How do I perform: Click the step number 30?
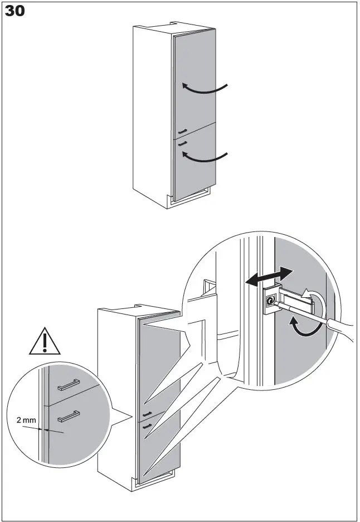pyautogui.click(x=15, y=11)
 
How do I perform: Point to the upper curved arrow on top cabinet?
pyautogui.click(x=206, y=88)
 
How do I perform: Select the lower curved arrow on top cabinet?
pyautogui.click(x=206, y=158)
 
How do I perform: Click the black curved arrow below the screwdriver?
pyautogui.click(x=304, y=327)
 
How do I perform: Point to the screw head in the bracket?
pyautogui.click(x=270, y=301)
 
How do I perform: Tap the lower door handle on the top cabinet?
pyautogui.click(x=182, y=143)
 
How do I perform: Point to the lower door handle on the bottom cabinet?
pyautogui.click(x=148, y=426)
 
